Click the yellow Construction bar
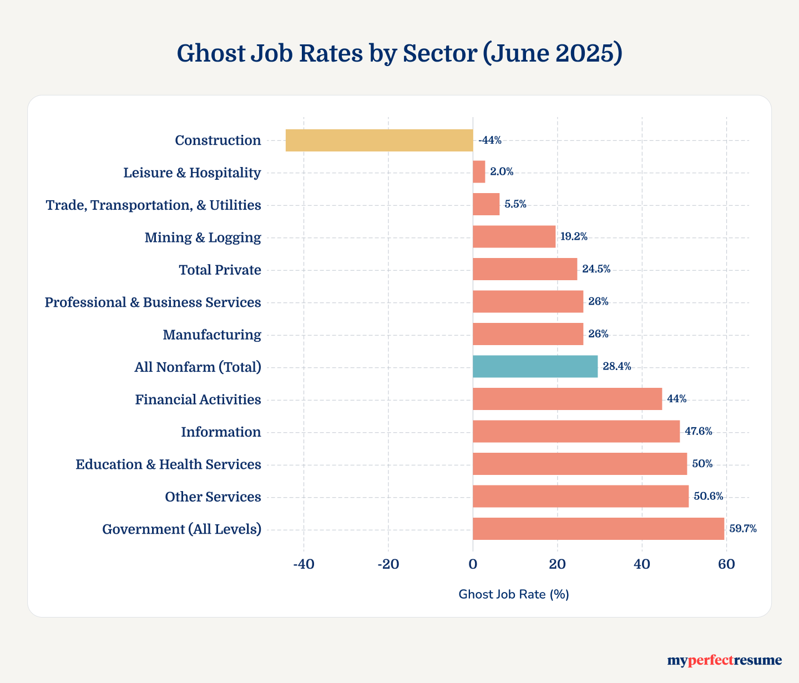[x=379, y=140]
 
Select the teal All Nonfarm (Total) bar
[x=535, y=367]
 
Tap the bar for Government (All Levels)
[x=598, y=529]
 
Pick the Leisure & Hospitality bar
[x=479, y=172]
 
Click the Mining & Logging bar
[x=514, y=237]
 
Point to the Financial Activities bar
[x=567, y=399]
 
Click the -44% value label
[x=490, y=140]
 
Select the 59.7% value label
[x=742, y=529]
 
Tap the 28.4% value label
[x=616, y=367]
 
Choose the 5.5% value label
[x=515, y=204]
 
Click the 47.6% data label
[x=698, y=432]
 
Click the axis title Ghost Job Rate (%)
[x=514, y=594]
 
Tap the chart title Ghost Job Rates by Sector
[x=399, y=53]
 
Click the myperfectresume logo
[x=724, y=660]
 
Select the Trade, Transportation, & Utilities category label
[x=153, y=205]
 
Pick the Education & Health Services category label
[x=168, y=464]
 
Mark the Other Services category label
[x=213, y=497]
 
